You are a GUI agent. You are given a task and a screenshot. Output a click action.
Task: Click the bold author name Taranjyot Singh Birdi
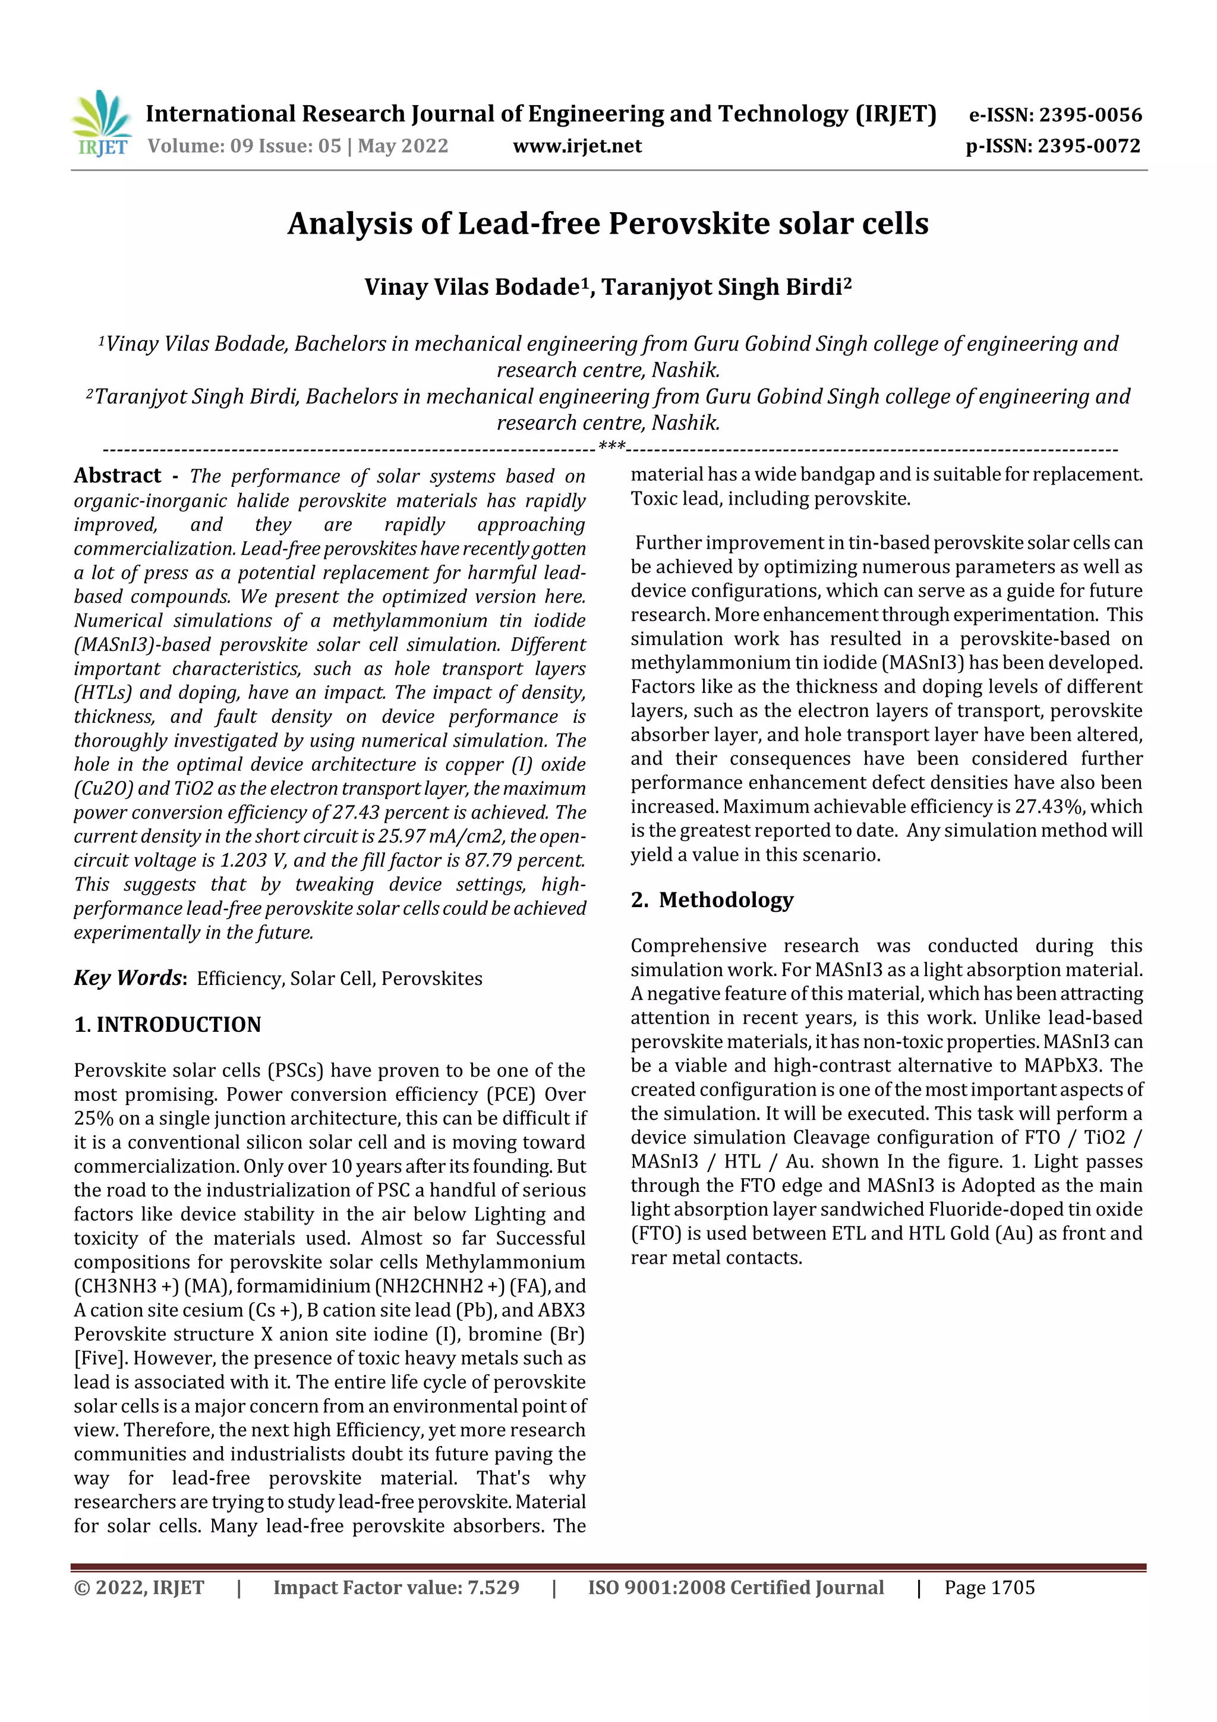click(723, 287)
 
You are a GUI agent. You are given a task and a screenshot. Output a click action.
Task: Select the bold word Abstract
click(117, 476)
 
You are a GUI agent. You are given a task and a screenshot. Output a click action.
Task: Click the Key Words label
click(128, 978)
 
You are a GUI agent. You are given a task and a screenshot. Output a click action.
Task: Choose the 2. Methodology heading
click(712, 899)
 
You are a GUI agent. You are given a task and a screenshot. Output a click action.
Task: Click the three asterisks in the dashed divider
click(612, 448)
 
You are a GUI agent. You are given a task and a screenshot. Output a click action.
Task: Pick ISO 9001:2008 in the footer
click(656, 1588)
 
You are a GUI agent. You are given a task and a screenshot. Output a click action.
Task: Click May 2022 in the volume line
click(403, 146)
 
